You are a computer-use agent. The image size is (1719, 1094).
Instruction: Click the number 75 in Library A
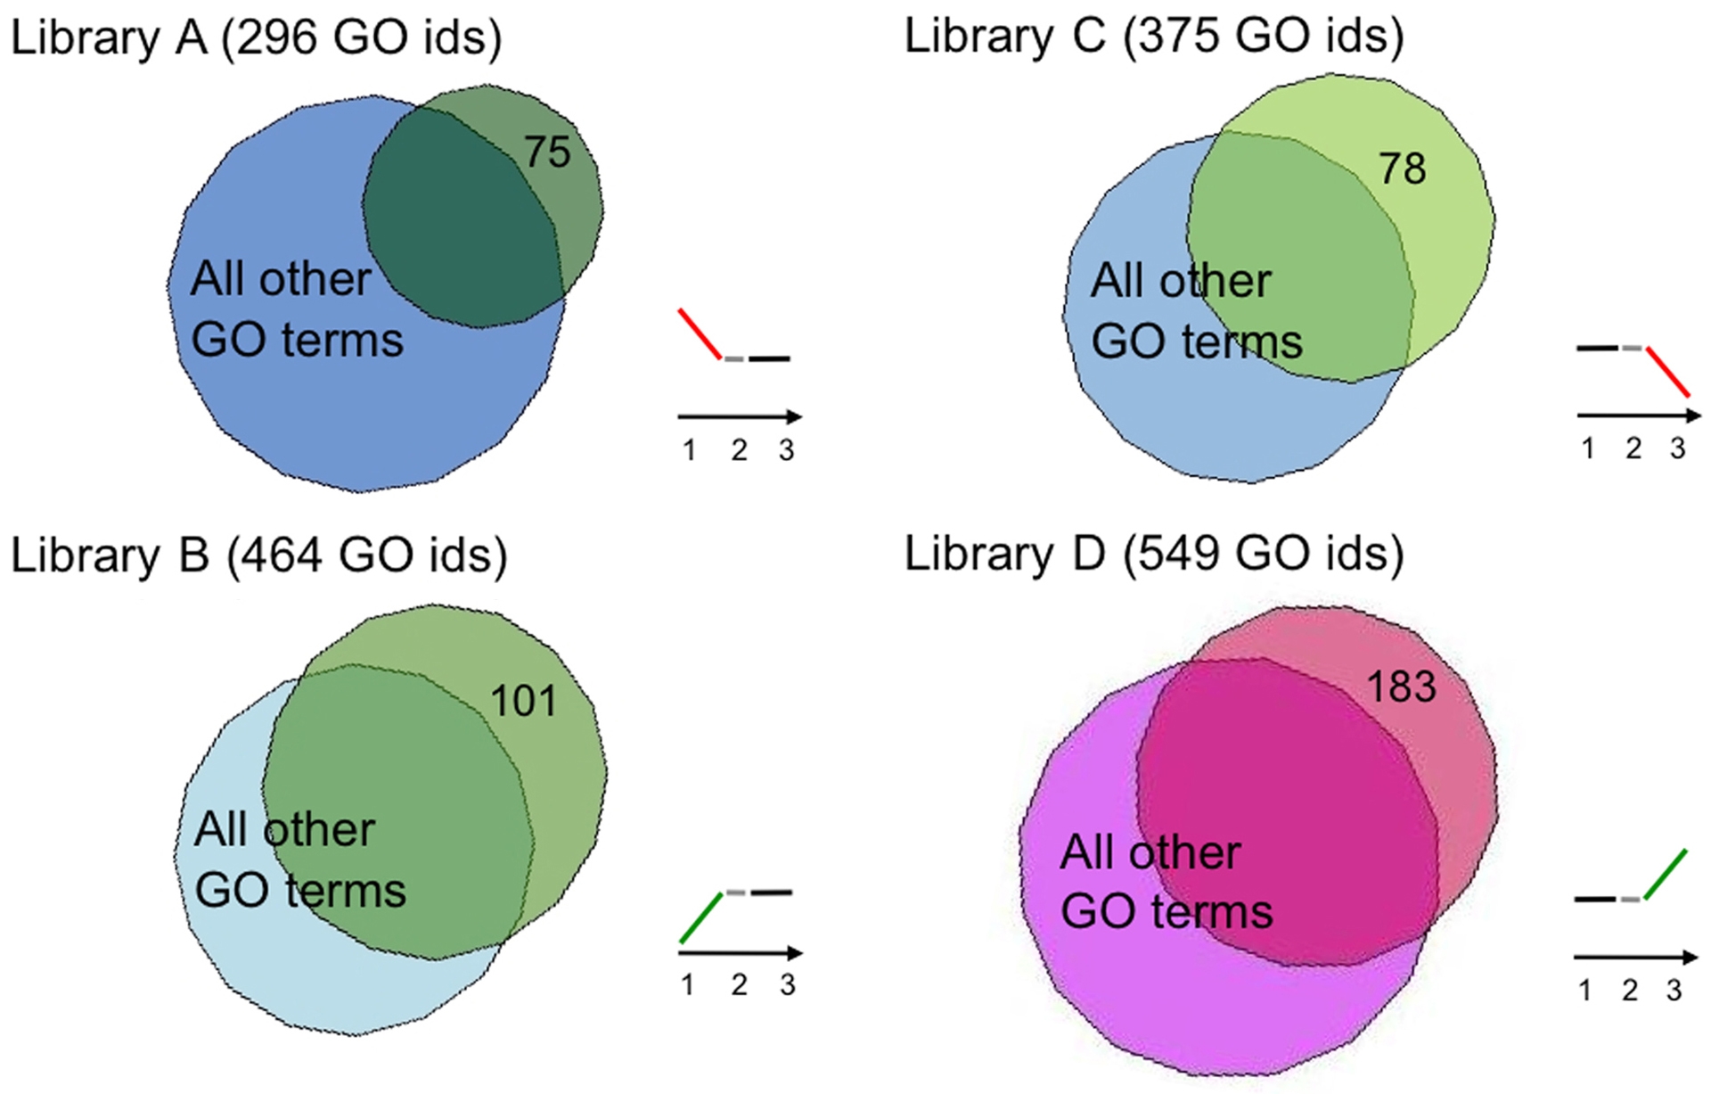coord(547,152)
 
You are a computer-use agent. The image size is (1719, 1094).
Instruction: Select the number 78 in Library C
coord(1403,169)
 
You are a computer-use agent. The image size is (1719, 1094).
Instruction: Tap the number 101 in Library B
coord(524,701)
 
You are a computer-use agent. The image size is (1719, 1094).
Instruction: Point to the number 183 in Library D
coord(1402,687)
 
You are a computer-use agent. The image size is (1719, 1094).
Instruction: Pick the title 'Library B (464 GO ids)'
coord(259,556)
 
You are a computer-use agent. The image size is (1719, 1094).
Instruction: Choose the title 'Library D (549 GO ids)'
coord(1154,555)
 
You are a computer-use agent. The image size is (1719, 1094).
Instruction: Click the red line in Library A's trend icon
coord(700,334)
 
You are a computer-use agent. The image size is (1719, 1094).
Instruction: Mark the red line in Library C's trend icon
coord(1667,372)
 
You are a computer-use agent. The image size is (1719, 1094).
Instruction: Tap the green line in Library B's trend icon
coord(701,917)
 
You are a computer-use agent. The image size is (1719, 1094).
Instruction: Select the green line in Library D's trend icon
coord(1666,875)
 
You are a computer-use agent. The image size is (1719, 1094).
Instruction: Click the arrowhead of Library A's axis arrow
coord(795,416)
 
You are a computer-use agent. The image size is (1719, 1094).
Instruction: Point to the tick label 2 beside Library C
coord(1633,448)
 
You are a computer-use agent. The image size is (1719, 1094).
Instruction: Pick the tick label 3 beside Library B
coord(787,985)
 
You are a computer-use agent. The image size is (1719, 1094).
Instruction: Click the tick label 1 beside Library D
coord(1584,991)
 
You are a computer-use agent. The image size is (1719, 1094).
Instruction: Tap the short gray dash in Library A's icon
coord(733,359)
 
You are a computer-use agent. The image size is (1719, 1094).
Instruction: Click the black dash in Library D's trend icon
coord(1595,899)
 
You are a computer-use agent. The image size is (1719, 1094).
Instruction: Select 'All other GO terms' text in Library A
coord(297,309)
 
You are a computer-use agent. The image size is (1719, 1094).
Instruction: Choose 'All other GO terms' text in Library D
coord(1166,882)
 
